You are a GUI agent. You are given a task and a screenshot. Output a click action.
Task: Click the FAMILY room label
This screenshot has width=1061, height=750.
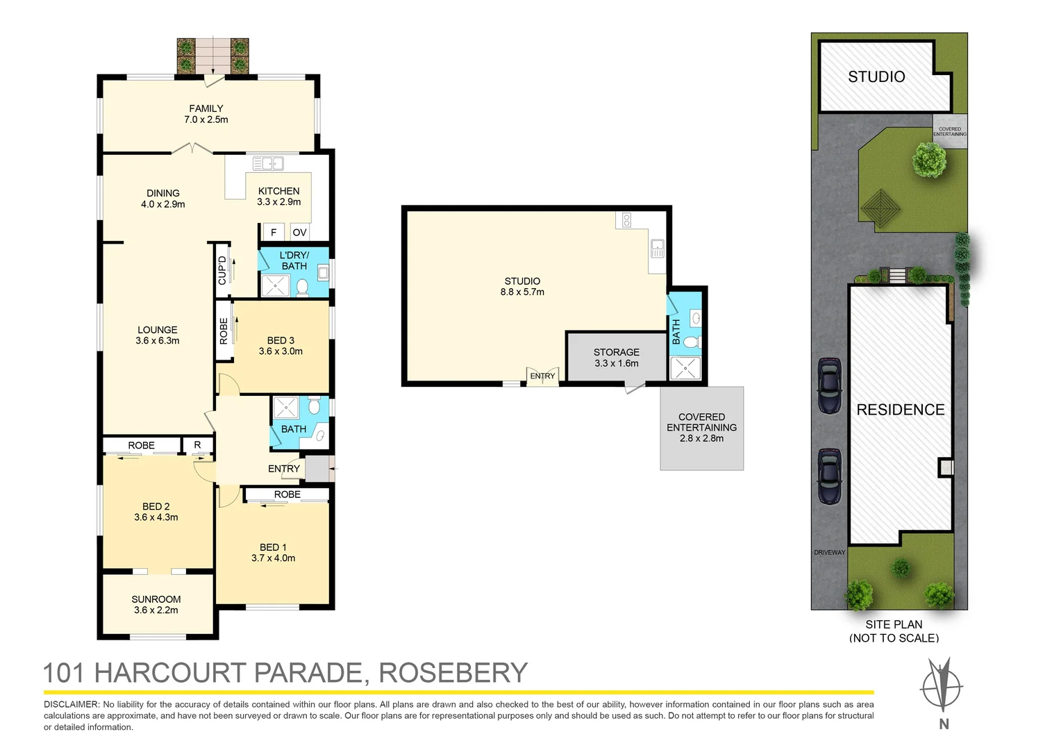(x=206, y=108)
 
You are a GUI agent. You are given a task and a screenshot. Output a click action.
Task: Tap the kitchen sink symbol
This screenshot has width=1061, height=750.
(x=268, y=163)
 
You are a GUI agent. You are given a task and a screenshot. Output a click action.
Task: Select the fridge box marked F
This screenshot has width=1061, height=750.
(x=274, y=232)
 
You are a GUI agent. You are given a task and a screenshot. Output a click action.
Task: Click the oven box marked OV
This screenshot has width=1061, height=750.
(x=300, y=232)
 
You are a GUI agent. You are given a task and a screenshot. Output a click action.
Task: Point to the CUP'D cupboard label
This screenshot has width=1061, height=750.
(x=222, y=271)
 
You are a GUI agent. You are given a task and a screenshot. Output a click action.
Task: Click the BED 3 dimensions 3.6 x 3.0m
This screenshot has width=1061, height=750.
(x=281, y=351)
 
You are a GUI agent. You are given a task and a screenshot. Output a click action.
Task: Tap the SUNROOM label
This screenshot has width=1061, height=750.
(x=156, y=599)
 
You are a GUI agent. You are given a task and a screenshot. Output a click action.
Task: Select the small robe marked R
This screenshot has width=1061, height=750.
(x=197, y=444)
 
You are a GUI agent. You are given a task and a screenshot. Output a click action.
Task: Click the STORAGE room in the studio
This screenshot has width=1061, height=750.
(x=617, y=357)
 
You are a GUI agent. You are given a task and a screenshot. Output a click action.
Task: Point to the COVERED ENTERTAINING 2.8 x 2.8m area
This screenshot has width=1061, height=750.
(x=702, y=428)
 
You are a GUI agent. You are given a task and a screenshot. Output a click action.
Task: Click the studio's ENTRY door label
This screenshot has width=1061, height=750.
(x=542, y=376)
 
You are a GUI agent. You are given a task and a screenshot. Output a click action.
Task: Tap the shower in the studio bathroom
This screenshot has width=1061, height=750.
(x=685, y=368)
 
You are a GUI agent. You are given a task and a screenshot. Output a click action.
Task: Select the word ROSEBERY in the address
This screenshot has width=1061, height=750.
(x=453, y=672)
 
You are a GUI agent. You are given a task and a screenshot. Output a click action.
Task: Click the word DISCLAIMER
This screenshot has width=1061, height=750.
(x=72, y=705)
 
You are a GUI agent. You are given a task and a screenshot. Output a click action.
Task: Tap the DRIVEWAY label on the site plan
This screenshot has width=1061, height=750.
(x=829, y=553)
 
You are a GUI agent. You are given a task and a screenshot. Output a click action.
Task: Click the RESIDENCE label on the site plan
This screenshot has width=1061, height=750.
(x=901, y=409)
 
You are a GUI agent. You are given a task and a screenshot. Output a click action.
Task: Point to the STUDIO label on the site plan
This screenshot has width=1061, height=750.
(x=876, y=77)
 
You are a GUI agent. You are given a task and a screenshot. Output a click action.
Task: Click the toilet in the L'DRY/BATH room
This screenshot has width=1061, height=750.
(x=302, y=286)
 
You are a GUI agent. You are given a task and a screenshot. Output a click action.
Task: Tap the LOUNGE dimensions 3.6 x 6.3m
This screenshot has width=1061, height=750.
(x=157, y=340)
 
